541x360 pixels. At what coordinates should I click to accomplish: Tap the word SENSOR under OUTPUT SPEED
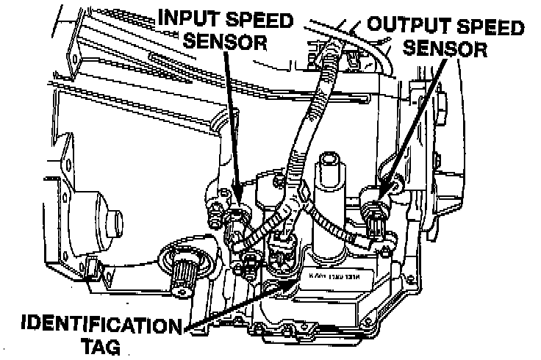(448, 50)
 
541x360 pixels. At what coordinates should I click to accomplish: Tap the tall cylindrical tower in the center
(330, 191)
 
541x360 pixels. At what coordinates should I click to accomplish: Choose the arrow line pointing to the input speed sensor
(229, 125)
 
